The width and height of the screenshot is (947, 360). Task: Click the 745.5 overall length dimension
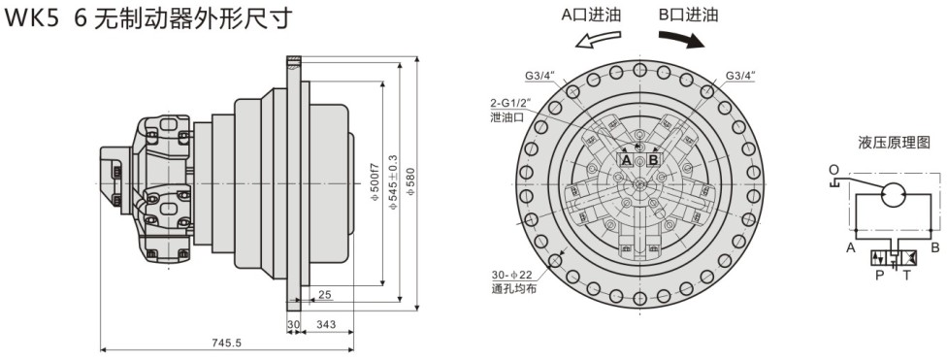click(226, 343)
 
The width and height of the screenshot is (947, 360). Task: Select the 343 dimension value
click(326, 325)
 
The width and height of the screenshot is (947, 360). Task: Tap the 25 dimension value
click(325, 295)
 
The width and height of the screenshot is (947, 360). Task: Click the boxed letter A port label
click(626, 159)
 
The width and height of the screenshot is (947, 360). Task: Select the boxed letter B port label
click(653, 159)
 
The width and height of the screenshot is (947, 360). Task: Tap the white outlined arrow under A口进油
click(598, 40)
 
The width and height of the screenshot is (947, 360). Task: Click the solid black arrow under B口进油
click(681, 39)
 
